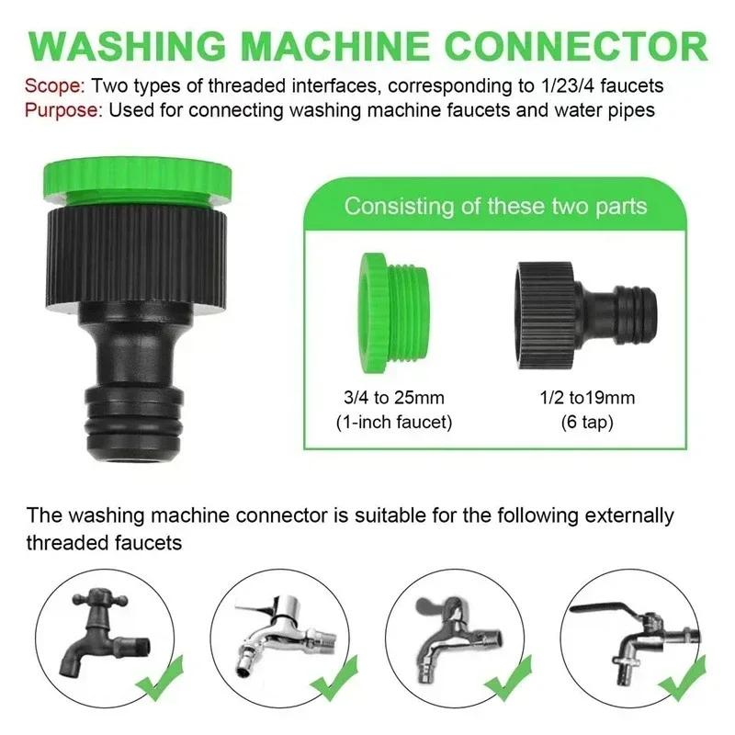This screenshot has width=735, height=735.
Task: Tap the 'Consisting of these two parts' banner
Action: [495, 205]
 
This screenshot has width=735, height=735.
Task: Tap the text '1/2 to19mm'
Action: [585, 399]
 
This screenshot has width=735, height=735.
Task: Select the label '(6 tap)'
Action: [585, 423]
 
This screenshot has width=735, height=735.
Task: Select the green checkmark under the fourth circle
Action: [684, 684]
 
